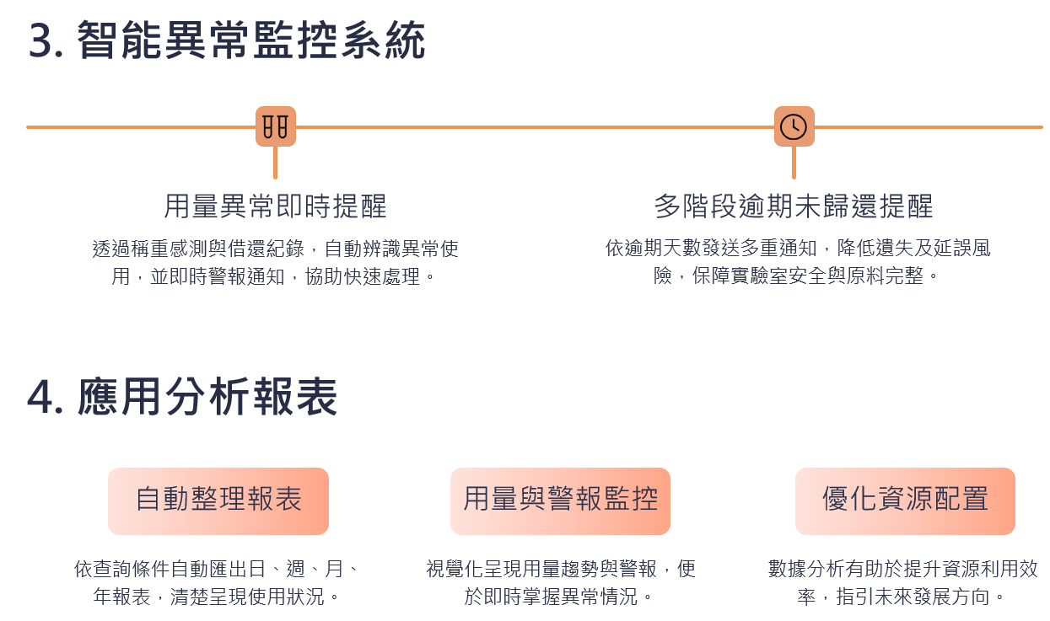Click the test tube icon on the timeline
(276, 126)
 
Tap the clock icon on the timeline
(794, 126)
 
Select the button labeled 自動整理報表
(218, 501)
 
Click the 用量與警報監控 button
(560, 501)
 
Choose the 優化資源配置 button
(905, 501)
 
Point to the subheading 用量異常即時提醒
(275, 206)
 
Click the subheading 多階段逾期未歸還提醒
(794, 206)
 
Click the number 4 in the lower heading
(40, 398)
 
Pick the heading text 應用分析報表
(207, 398)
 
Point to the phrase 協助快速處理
(363, 276)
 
